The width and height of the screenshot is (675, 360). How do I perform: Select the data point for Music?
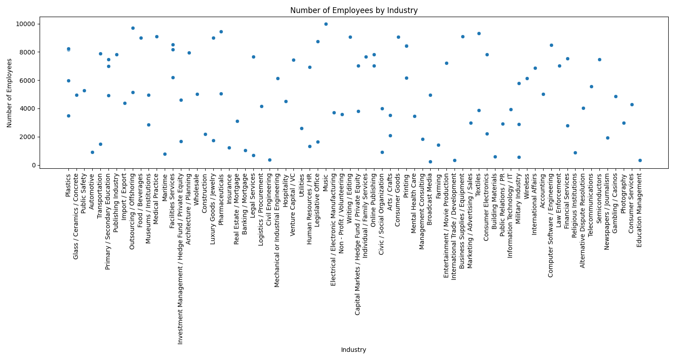pos(326,24)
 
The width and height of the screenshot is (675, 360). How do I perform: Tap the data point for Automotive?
pos(92,152)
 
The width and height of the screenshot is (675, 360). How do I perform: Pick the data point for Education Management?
pos(640,160)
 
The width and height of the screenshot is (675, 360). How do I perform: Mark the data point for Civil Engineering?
pos(270,160)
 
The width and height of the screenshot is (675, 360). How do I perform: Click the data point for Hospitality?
pos(286,101)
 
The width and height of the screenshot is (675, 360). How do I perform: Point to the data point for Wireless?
pos(527,78)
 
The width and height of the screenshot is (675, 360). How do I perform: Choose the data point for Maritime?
pos(165,154)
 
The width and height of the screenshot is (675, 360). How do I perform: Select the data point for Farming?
pos(438,145)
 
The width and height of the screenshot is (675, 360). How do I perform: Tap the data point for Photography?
pos(624,123)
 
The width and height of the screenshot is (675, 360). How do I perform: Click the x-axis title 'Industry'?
pos(354,350)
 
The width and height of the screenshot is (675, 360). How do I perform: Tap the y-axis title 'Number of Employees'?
pos(9,92)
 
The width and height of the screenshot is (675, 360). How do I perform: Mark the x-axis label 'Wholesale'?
pos(197,188)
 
